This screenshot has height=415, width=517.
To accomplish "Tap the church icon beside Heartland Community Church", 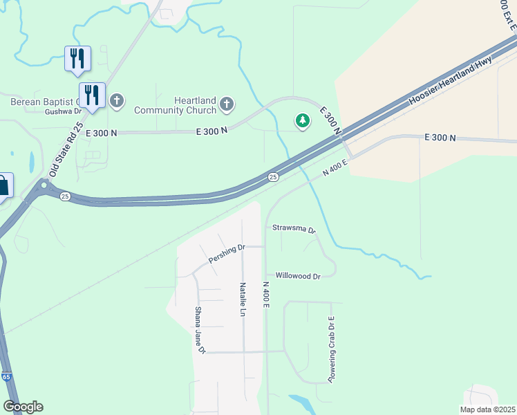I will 226,105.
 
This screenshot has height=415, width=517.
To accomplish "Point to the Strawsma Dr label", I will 294,228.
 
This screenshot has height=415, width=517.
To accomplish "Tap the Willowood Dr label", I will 298,276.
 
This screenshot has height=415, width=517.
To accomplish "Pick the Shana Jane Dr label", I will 200,331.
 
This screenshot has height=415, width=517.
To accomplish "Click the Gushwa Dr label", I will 63,111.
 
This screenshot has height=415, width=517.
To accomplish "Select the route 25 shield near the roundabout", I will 65,196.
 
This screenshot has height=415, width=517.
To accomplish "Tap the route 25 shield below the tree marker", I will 274,178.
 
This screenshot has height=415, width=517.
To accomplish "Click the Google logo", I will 23,407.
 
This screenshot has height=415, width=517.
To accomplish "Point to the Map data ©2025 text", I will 487,409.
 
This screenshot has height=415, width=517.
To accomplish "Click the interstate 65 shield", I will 6,377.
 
